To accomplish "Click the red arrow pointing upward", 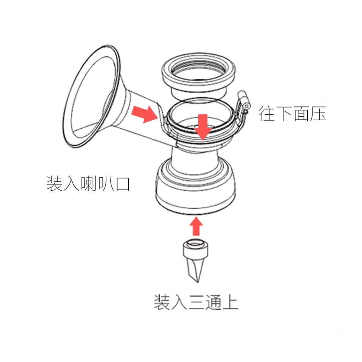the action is point(196,226).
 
